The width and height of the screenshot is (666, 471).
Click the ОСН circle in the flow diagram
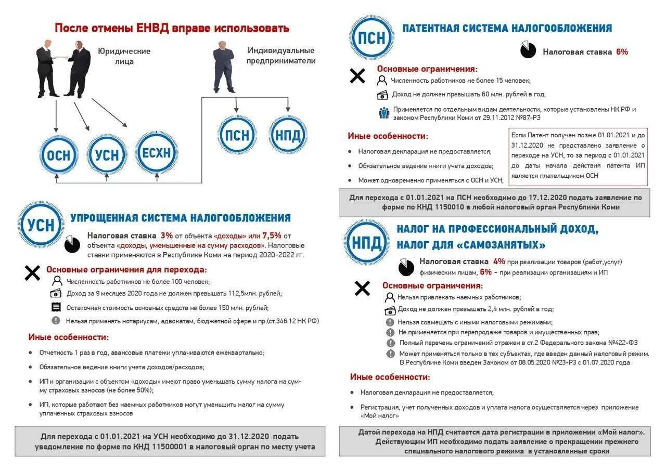click(x=58, y=154)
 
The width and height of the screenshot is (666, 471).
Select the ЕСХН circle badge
click(x=157, y=153)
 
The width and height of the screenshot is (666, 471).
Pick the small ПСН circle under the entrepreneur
click(x=237, y=136)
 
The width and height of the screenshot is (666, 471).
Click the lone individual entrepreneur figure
click(x=224, y=68)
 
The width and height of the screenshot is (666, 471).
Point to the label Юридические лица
click(x=124, y=56)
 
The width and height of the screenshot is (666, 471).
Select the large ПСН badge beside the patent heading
click(x=372, y=37)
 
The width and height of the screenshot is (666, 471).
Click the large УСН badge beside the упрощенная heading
click(x=41, y=224)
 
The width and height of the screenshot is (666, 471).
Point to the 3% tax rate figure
click(x=166, y=235)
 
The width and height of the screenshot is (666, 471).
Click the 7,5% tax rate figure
click(x=272, y=235)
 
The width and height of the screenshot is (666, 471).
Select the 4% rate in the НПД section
click(x=499, y=261)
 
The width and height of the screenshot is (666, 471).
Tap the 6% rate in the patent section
click(x=622, y=52)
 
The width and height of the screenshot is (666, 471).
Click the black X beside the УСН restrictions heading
click(x=32, y=272)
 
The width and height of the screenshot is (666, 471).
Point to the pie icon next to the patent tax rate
click(x=528, y=50)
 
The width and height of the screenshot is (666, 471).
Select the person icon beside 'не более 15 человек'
click(x=382, y=81)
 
